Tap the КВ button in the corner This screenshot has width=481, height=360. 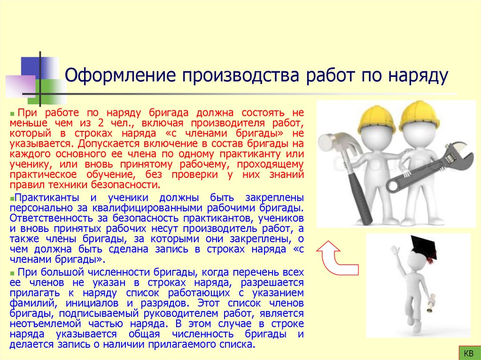pos(468,353)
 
